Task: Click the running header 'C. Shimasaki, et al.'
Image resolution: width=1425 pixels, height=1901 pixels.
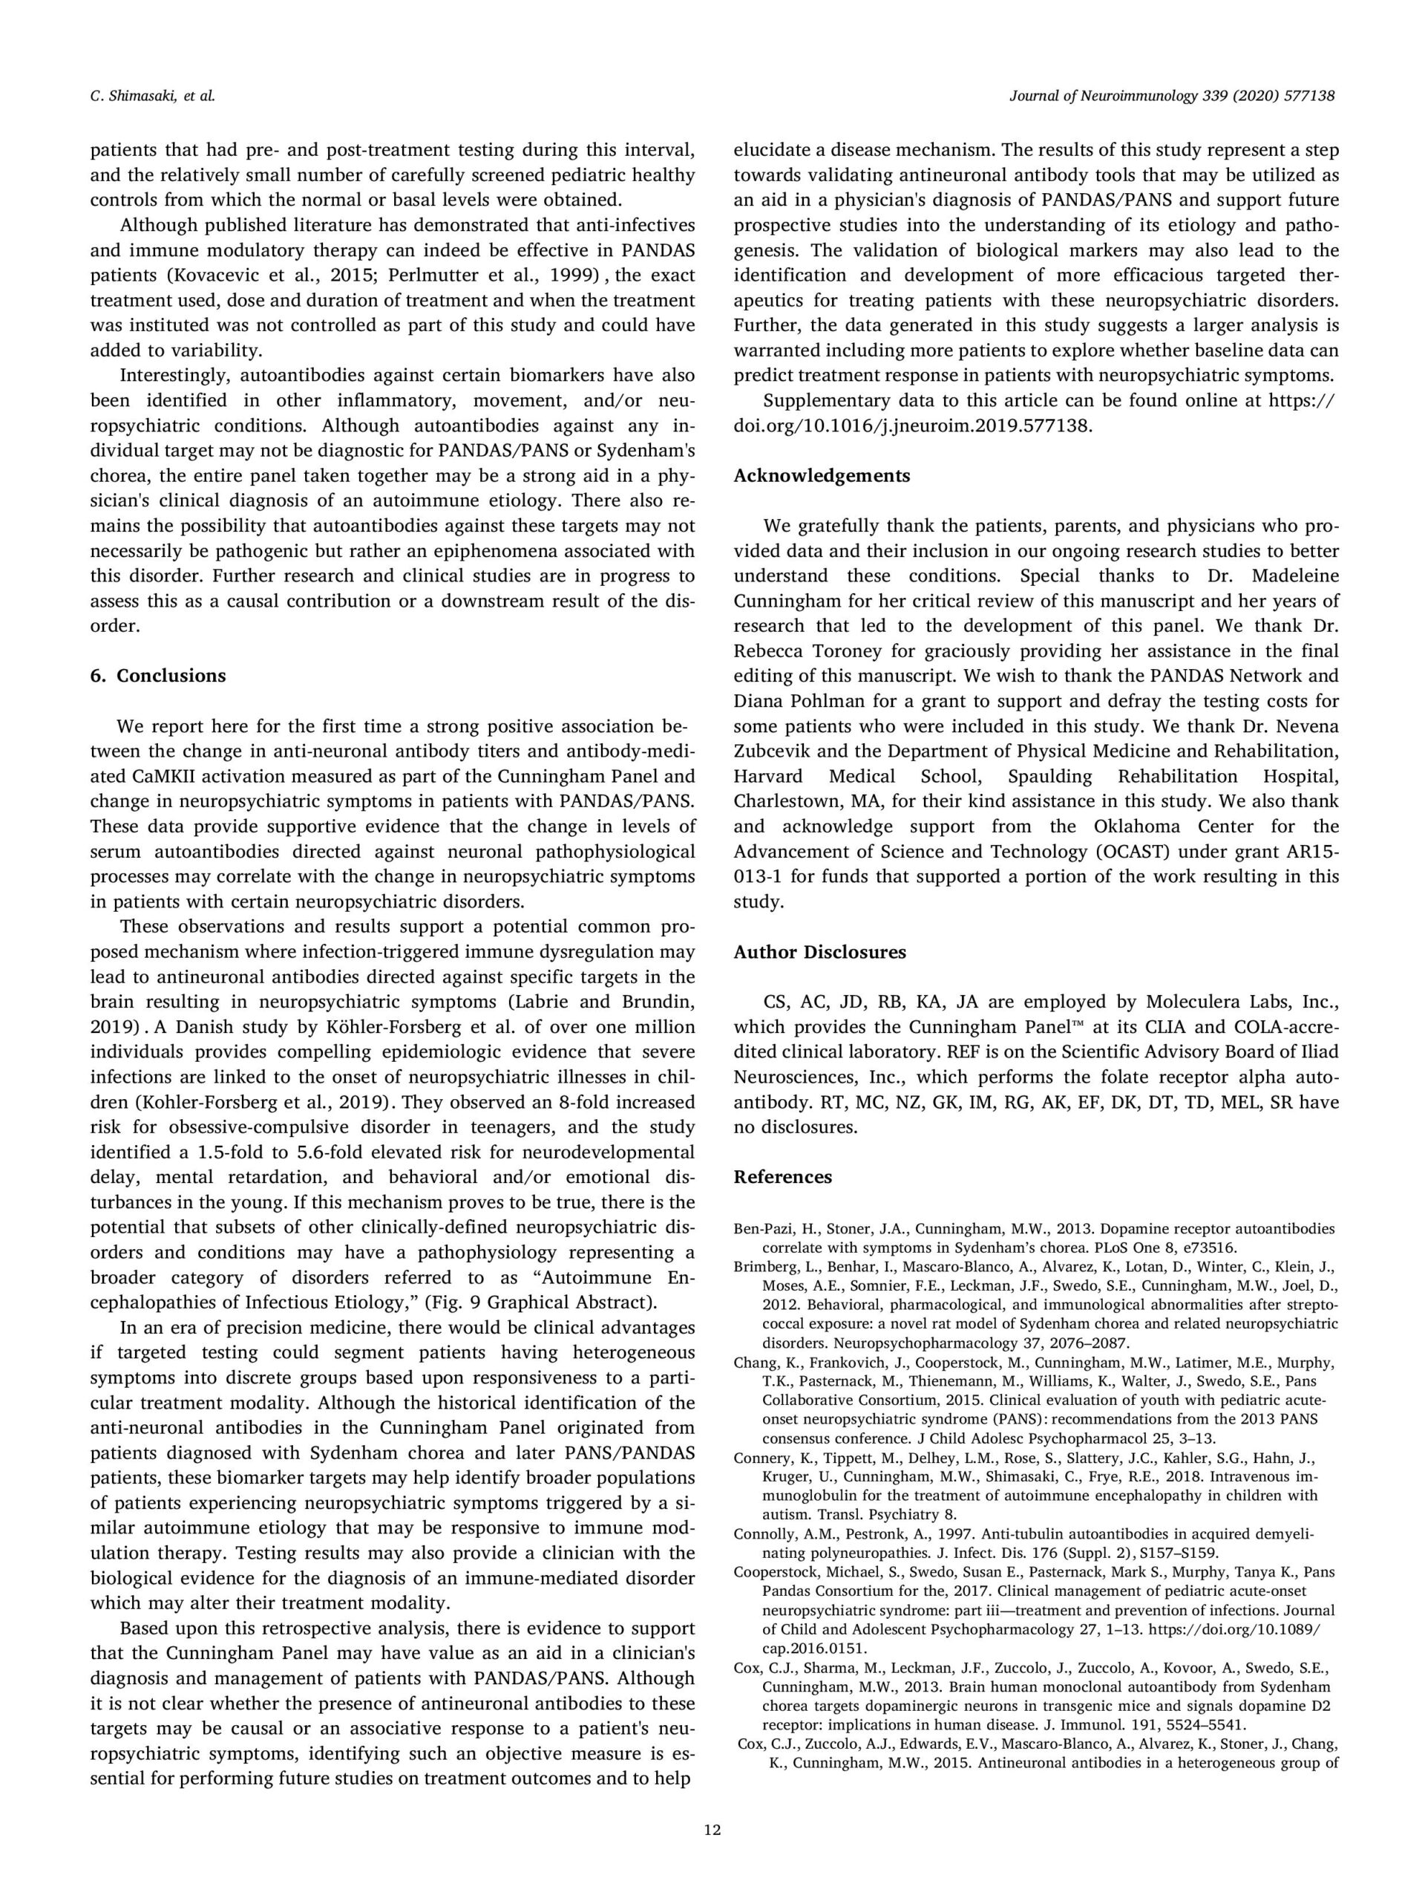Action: click(x=152, y=97)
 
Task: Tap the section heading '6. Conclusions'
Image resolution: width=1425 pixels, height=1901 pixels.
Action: click(x=158, y=676)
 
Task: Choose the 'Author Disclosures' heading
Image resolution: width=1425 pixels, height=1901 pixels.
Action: click(x=819, y=952)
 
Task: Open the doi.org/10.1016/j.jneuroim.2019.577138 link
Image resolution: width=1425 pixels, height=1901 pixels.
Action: click(x=912, y=425)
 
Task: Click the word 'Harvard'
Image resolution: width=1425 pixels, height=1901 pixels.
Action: click(x=768, y=776)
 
